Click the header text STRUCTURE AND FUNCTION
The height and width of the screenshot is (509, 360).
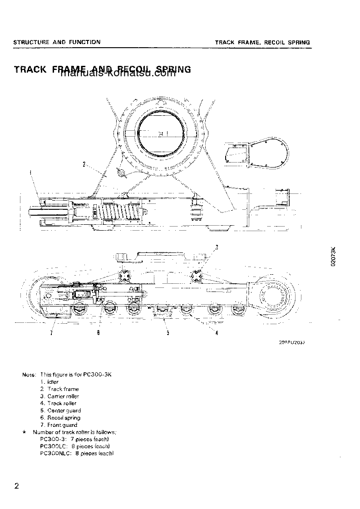point(57,42)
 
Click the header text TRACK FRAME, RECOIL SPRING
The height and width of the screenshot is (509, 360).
point(262,42)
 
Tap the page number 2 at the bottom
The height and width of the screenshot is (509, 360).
point(17,486)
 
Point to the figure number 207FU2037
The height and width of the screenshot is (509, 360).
point(292,343)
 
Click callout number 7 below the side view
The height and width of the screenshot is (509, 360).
point(51,333)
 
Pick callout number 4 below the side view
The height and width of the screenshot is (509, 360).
point(217,333)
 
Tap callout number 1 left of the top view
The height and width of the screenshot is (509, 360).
point(30,172)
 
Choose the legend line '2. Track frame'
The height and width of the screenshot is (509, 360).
point(59,389)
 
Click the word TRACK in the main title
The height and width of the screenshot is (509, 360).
point(31,69)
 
